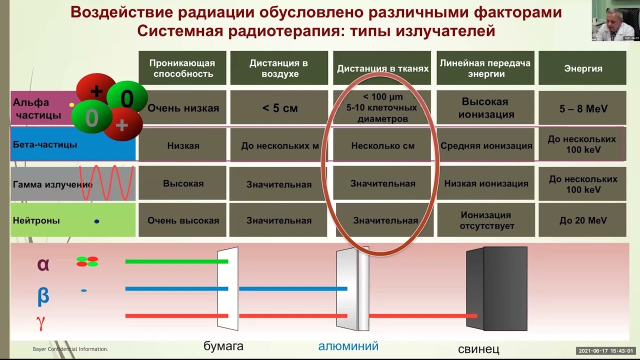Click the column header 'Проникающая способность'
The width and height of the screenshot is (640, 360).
click(x=182, y=68)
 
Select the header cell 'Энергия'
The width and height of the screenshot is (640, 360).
click(x=583, y=68)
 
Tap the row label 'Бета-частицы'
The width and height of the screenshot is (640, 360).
click(x=45, y=144)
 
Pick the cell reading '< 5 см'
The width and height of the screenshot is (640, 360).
click(x=279, y=108)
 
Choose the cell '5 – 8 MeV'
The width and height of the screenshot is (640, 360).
click(x=583, y=108)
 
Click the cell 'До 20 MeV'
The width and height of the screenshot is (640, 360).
click(x=583, y=220)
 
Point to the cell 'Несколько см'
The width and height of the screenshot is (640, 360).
click(x=382, y=146)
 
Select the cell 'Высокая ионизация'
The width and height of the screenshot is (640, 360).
click(x=484, y=108)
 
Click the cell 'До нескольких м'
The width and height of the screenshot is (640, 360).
click(x=279, y=146)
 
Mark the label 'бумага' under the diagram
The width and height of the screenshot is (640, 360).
click(x=223, y=346)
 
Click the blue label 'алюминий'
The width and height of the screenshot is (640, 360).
click(x=348, y=346)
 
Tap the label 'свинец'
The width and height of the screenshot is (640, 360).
click(x=478, y=348)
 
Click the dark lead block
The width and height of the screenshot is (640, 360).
click(x=497, y=288)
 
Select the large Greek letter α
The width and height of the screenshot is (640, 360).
click(x=43, y=264)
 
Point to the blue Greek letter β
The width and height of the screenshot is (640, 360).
click(x=43, y=295)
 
